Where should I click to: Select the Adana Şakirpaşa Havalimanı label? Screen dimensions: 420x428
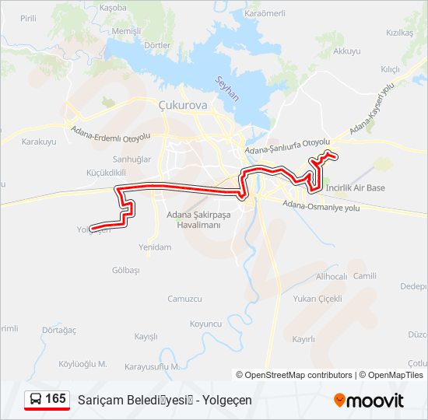189,220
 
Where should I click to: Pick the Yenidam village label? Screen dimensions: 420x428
154,247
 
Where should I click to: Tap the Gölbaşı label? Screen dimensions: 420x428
125,270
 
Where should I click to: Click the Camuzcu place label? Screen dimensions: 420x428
184,299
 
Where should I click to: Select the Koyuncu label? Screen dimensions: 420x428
205,323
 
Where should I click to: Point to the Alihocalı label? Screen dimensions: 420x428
332,276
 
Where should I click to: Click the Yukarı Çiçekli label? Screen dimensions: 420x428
317,299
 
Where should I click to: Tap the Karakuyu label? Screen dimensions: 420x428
39,142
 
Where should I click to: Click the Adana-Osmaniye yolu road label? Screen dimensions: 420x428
321,206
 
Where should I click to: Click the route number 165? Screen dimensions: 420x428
55,398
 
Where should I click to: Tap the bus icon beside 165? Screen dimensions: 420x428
36,399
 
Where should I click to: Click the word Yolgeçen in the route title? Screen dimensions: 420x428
226,400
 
